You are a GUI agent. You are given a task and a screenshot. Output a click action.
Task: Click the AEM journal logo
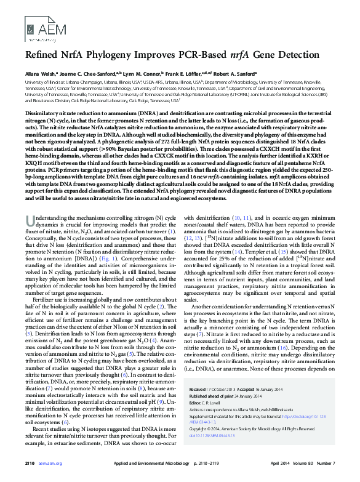point(38,26)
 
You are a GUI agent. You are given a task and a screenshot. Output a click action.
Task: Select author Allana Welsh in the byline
point(41,73)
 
